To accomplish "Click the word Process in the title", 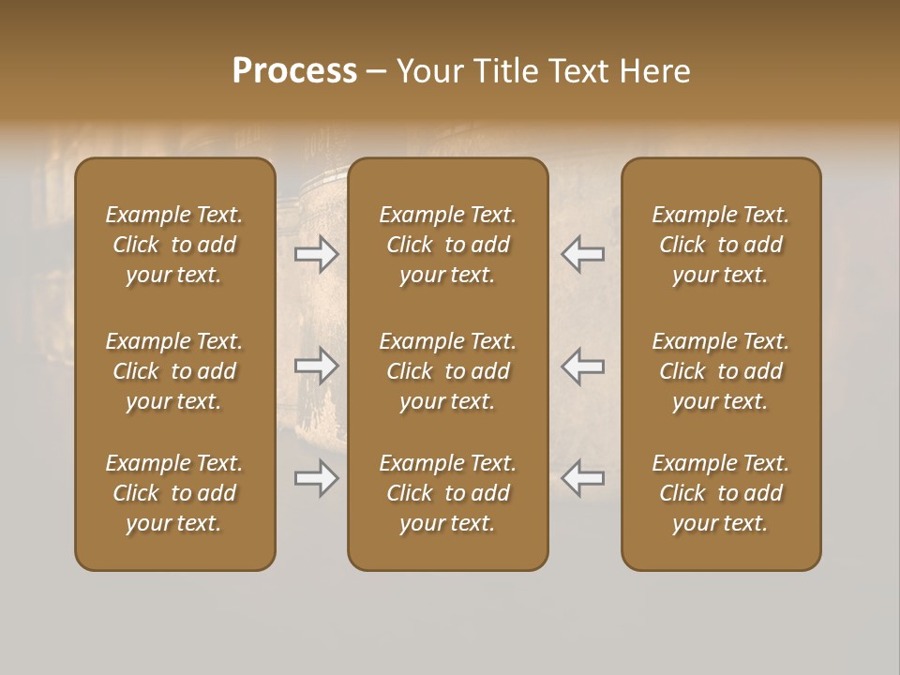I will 294,71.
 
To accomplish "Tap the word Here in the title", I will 655,71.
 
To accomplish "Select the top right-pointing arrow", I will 316,254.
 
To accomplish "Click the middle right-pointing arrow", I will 316,366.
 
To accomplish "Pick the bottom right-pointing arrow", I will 316,478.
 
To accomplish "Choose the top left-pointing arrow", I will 582,254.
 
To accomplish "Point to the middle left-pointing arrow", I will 582,366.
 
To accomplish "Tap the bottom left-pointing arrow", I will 582,478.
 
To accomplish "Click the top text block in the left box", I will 174,245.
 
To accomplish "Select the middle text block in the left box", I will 174,371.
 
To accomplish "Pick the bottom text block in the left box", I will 174,493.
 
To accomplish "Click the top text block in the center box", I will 447,245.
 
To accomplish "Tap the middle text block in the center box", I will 447,371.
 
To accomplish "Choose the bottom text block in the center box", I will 447,493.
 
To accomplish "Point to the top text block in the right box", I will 720,245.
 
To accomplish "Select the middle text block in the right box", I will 720,371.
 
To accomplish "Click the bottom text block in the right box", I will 720,493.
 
